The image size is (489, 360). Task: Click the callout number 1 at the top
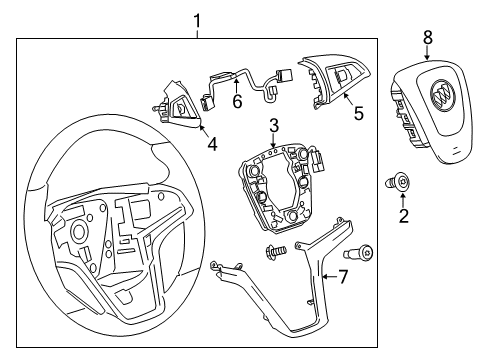(197, 19)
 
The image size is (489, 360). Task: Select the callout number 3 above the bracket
(272, 125)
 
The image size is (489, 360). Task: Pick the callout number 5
(358, 115)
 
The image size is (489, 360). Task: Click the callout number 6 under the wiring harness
(237, 101)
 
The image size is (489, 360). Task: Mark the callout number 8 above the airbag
(427, 39)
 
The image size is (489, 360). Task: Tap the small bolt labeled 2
(399, 181)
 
